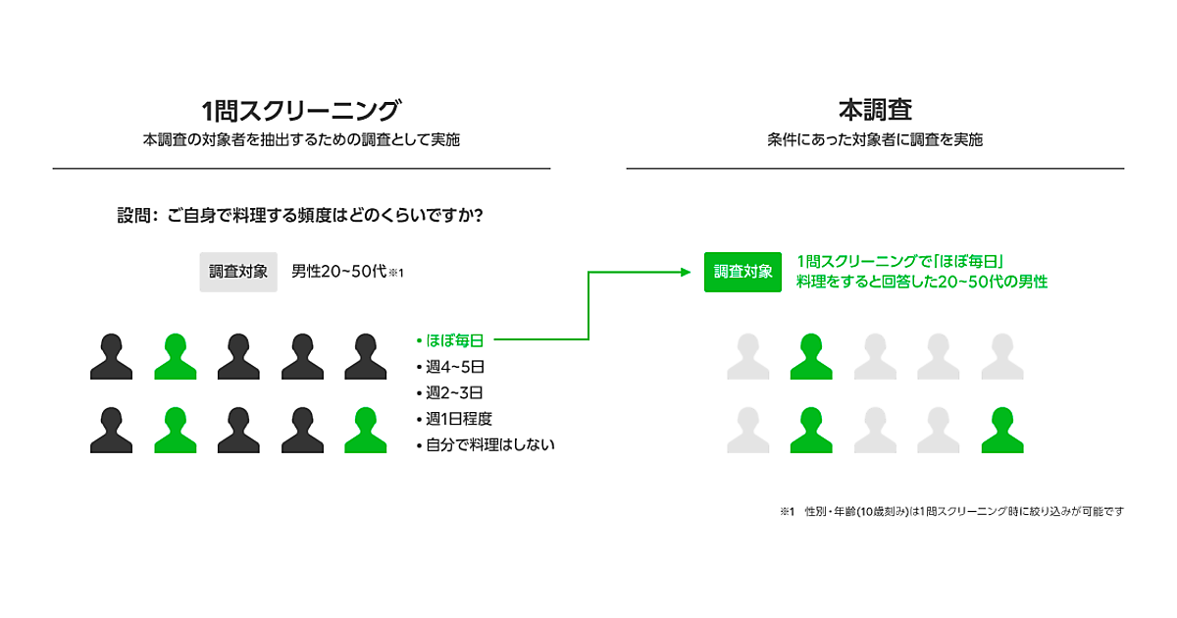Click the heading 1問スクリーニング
301,109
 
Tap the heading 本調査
875,109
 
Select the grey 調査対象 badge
238,272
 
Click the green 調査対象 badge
742,272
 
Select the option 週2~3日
454,392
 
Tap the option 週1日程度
458,419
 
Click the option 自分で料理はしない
488,445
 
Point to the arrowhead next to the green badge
688,272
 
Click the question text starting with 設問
299,215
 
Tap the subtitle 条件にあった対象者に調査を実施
875,140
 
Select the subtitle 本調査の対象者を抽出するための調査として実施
301,140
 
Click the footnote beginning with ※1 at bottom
951,511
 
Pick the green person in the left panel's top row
176,357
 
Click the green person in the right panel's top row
811,357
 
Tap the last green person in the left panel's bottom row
365,431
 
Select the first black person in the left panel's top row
111,357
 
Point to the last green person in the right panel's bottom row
1001,431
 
